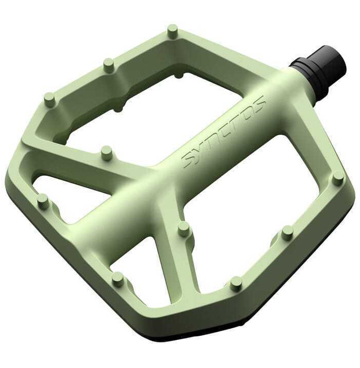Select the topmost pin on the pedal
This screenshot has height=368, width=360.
point(172,31)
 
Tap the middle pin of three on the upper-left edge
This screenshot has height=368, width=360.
point(109,65)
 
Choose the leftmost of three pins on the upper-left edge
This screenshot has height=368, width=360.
point(50,100)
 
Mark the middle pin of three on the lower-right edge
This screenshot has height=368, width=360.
point(288,233)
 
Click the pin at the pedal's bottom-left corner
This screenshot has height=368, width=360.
point(118,279)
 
